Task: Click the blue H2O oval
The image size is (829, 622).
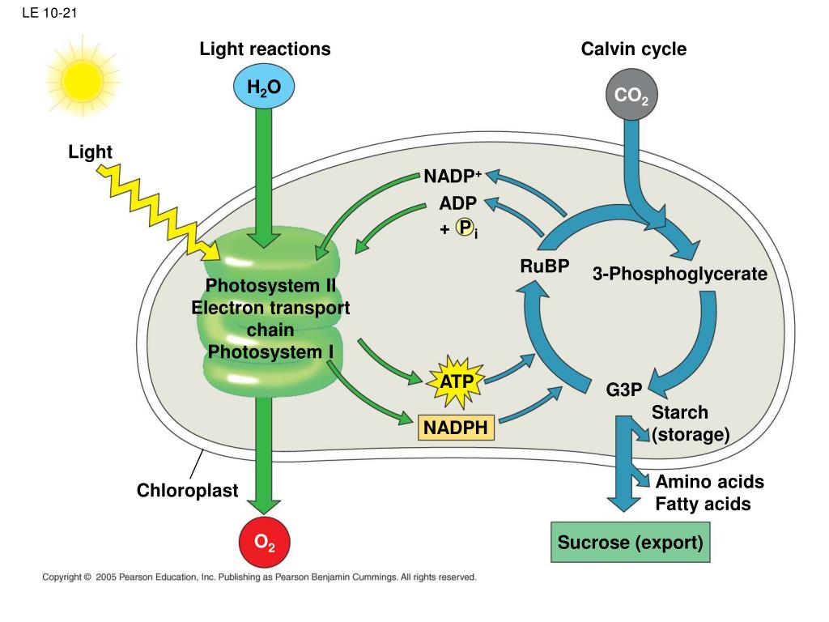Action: (x=264, y=86)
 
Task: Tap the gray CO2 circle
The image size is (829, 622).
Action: (x=631, y=95)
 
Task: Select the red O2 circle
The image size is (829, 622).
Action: (x=265, y=542)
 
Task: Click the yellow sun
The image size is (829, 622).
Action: (x=83, y=81)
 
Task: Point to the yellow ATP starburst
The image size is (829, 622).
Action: (x=457, y=381)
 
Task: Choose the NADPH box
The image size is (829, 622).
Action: (x=456, y=428)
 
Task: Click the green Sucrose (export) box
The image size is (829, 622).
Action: (x=630, y=542)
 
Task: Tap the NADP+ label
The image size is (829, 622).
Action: (x=453, y=176)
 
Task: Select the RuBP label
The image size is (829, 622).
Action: (x=545, y=266)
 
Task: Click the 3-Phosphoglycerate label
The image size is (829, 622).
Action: (x=680, y=274)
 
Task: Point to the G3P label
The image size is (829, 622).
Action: (x=624, y=390)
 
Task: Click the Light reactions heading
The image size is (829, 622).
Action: (x=265, y=49)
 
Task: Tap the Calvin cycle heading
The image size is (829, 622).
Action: (x=634, y=49)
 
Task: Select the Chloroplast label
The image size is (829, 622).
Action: (x=188, y=490)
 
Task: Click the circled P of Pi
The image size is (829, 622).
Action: (x=465, y=228)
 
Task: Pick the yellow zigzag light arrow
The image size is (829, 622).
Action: (x=158, y=211)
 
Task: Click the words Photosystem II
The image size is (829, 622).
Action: (x=270, y=286)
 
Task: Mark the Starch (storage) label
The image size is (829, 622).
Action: (x=691, y=423)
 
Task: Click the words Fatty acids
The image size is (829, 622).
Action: (x=704, y=504)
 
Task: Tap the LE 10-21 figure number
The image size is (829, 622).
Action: (x=49, y=13)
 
